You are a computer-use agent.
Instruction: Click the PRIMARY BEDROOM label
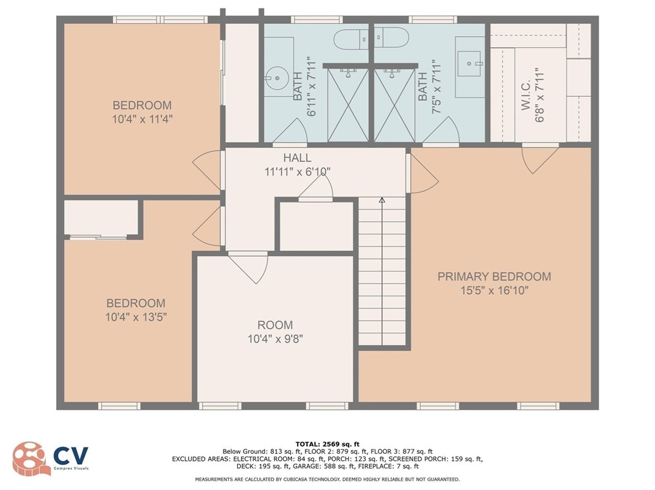coord(494,277)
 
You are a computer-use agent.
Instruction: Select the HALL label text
coord(297,158)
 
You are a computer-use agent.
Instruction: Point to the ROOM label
coord(275,325)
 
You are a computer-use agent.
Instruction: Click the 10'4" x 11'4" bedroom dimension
coord(142,119)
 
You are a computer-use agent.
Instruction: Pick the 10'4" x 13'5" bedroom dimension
coord(136,317)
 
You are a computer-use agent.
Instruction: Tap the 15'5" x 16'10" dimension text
coord(494,291)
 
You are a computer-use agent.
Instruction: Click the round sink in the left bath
coord(276,78)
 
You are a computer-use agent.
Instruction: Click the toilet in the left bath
coord(350,39)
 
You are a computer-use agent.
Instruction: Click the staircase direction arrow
coord(382,201)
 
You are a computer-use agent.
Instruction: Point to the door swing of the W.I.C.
coord(539,158)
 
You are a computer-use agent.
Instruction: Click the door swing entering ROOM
coord(249,266)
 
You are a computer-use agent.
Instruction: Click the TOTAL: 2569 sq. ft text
coord(327,443)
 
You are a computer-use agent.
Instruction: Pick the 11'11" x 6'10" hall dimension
coord(298,172)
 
